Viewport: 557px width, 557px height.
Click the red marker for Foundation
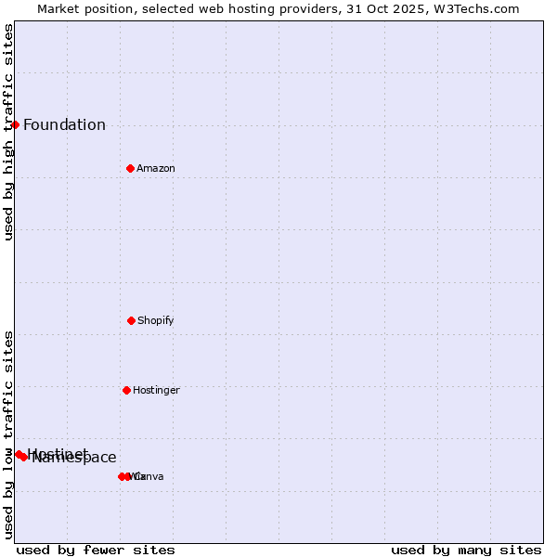coord(15,124)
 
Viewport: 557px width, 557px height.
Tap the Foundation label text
coord(64,125)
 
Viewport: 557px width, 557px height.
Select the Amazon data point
coord(130,168)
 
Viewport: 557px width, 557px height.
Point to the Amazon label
coord(156,168)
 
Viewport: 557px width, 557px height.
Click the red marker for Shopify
coord(131,320)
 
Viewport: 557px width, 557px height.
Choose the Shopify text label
coord(156,320)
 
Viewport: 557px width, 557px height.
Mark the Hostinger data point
coord(126,390)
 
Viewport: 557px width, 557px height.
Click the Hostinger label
coord(156,390)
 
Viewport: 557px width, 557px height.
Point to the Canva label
coord(149,476)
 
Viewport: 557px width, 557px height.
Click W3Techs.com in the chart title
coord(473,8)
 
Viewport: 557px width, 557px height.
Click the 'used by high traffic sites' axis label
coord(8,132)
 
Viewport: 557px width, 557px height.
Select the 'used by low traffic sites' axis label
coord(8,434)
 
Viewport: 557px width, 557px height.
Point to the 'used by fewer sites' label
coord(96,550)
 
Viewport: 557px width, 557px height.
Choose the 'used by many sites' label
coord(466,550)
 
